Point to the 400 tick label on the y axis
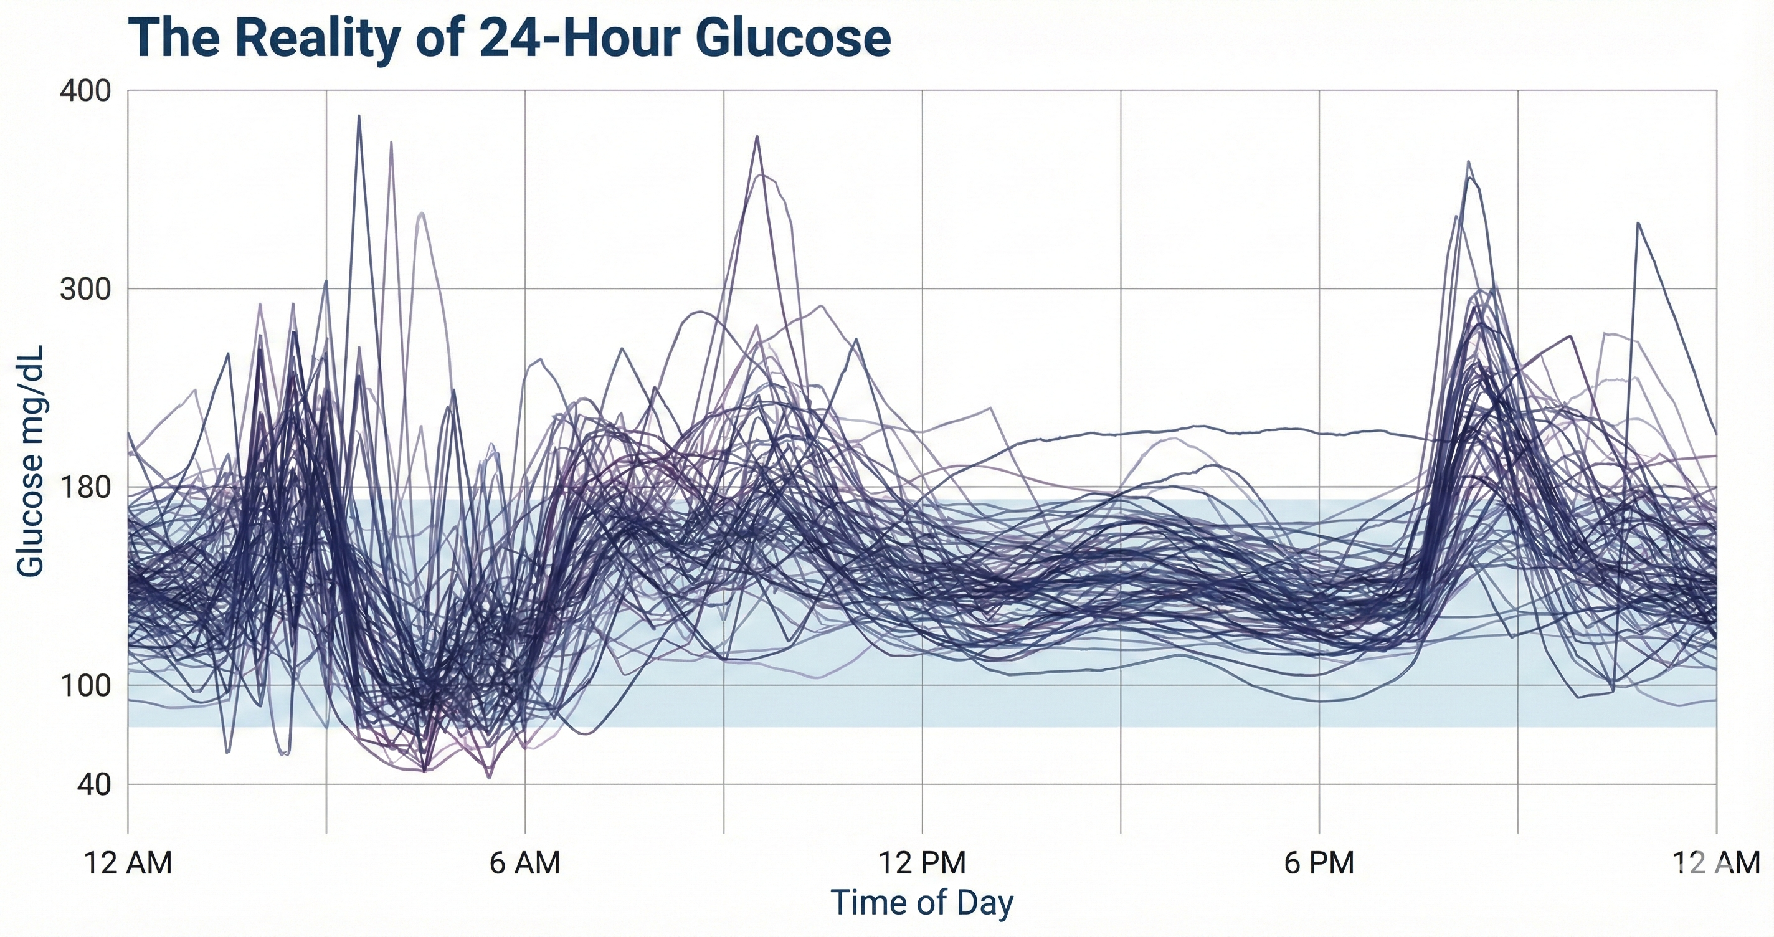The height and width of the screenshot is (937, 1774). coord(85,91)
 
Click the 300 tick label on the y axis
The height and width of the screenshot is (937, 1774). coord(85,288)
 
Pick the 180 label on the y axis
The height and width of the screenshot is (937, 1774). coord(85,488)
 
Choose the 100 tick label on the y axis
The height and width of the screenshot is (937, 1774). coord(85,685)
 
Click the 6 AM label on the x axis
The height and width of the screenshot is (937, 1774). coord(524,863)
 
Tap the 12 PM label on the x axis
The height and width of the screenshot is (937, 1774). coord(922,863)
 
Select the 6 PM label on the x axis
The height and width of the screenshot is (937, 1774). coord(1319,863)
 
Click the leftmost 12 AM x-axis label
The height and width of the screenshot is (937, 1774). coord(128,863)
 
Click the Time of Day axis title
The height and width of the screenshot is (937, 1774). coord(922,903)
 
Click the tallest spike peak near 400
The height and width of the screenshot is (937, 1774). coord(359,116)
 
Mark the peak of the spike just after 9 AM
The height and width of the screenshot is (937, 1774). coord(757,136)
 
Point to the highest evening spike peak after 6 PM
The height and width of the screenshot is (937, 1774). coord(1469,162)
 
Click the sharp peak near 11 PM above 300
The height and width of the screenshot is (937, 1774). coord(1638,223)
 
